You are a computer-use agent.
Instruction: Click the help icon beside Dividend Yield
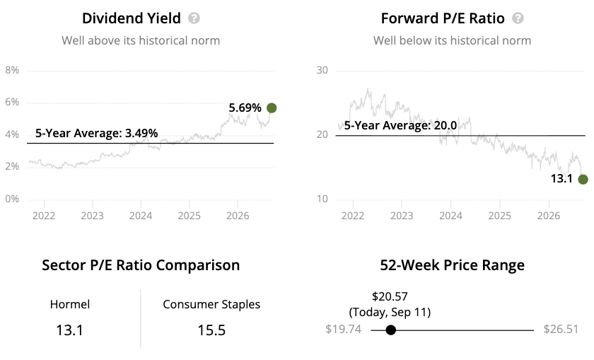194,18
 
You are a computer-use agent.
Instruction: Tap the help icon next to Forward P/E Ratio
518,18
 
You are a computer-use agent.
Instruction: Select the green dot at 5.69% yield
272,108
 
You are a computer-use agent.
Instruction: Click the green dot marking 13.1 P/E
583,179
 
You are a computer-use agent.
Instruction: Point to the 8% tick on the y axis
12,70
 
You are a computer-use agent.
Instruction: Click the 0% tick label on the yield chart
12,199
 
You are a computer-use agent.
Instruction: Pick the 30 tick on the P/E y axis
322,70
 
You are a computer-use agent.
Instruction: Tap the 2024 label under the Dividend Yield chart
141,216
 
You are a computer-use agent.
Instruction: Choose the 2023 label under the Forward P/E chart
402,216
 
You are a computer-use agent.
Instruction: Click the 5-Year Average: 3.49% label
97,133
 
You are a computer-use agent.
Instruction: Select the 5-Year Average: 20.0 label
400,125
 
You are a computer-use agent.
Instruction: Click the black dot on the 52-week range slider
390,330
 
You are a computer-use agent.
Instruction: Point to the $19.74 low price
343,329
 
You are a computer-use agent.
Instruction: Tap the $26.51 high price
561,329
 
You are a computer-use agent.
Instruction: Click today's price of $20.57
390,296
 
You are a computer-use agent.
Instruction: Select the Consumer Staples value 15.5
211,330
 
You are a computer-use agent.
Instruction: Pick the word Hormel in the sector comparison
70,304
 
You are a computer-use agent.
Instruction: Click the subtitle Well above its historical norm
141,40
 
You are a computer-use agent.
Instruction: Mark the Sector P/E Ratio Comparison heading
141,265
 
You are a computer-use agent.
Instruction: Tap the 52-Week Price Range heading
453,265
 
